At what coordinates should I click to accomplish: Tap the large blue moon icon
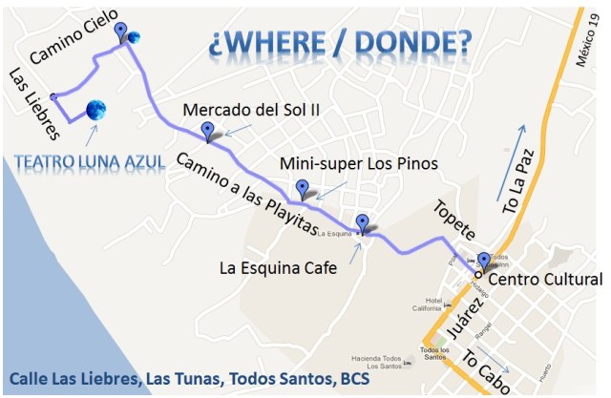95,112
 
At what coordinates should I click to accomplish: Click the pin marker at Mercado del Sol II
207,132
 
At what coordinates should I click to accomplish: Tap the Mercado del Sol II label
250,110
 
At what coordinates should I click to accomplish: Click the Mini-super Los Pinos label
358,164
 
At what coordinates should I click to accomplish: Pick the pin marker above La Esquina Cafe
362,223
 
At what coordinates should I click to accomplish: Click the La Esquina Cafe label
278,268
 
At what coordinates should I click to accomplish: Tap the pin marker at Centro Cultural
483,260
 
